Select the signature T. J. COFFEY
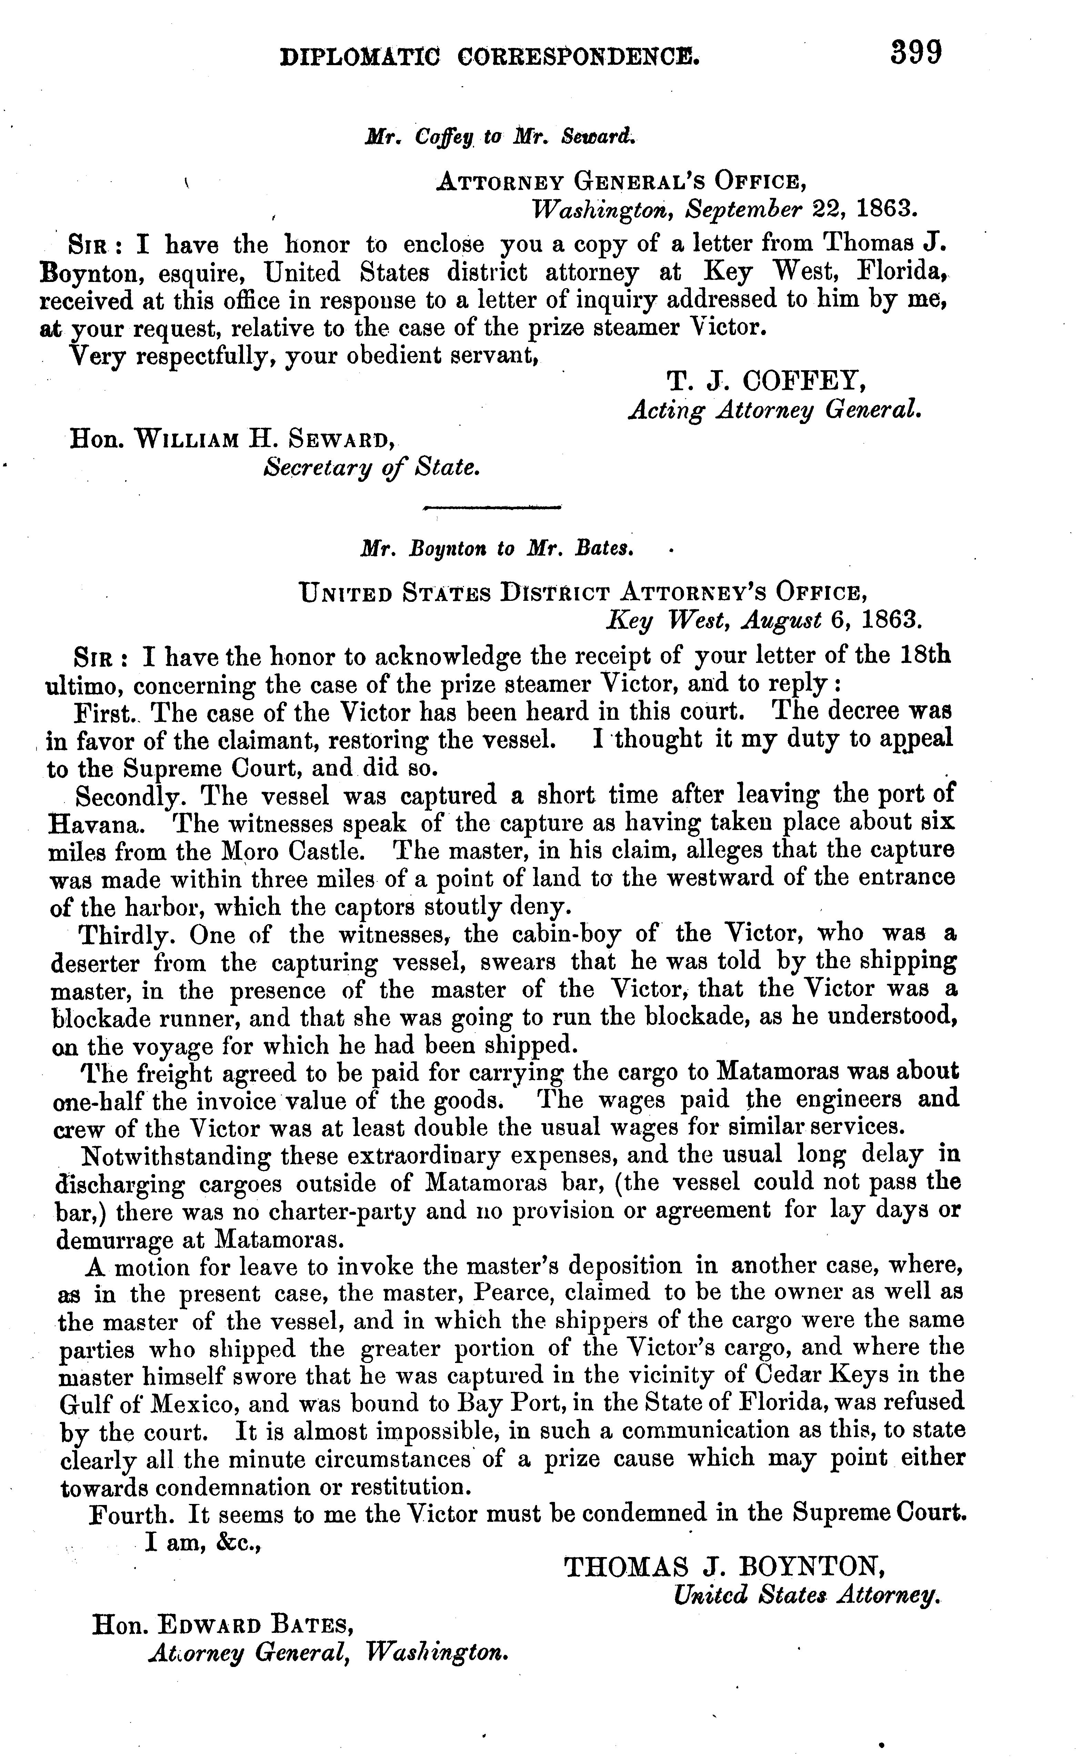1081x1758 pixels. pyautogui.click(x=766, y=382)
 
